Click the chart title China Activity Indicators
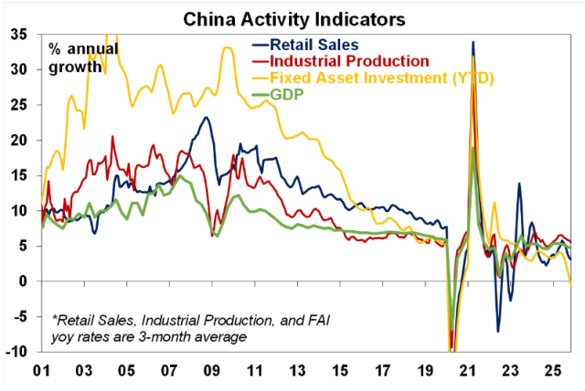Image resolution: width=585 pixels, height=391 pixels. [292, 16]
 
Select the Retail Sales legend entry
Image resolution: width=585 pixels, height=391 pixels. [327, 43]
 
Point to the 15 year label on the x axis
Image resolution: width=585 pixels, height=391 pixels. [338, 372]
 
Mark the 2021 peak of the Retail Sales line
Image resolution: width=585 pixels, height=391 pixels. [473, 42]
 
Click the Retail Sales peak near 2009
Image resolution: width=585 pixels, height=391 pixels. [207, 117]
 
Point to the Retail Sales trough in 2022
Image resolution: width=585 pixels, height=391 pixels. [498, 331]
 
